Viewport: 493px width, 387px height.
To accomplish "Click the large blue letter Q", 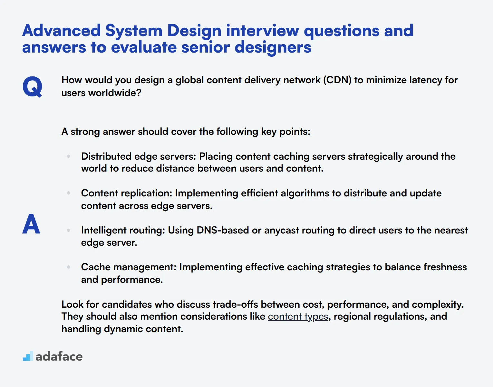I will pos(32,86).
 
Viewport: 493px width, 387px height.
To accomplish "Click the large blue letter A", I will pos(31,224).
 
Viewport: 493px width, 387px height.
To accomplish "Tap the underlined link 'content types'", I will pos(298,317).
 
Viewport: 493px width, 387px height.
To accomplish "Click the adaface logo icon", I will pos(28,356).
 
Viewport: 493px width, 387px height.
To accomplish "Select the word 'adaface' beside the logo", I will pos(59,356).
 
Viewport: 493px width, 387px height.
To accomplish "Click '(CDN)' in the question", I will pos(337,80).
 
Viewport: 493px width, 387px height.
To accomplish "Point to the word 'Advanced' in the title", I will pos(61,31).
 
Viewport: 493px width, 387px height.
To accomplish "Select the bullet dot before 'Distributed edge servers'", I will pos(69,156).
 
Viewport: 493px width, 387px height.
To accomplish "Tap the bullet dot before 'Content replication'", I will pos(69,193).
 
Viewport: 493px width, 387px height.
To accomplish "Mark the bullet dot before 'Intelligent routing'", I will pos(69,230).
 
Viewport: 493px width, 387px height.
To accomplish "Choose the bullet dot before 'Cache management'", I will pos(69,267).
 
